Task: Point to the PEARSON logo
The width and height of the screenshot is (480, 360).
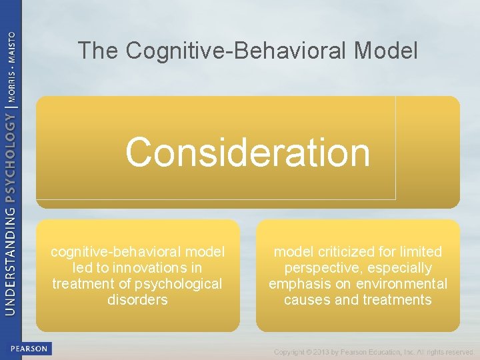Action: [x=29, y=348]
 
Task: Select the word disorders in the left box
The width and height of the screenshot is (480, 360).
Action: [x=137, y=300]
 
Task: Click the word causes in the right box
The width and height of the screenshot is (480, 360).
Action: [x=306, y=300]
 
